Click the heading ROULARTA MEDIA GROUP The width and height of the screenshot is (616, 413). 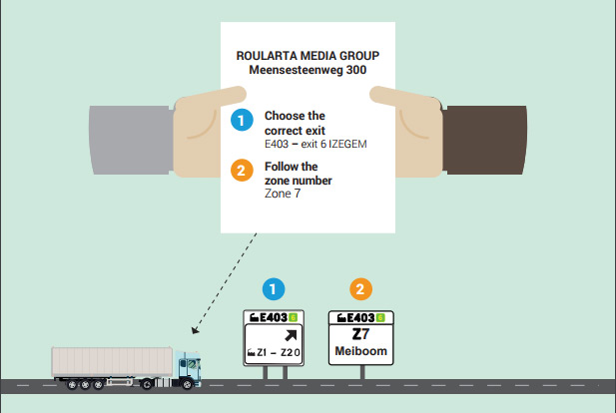pyautogui.click(x=308, y=56)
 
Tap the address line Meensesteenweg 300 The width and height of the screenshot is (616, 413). pyautogui.click(x=308, y=70)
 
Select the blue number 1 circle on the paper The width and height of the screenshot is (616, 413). pyautogui.click(x=242, y=120)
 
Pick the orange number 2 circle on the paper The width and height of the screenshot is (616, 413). pyautogui.click(x=242, y=170)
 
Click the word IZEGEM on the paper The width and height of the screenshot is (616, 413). pyautogui.click(x=347, y=144)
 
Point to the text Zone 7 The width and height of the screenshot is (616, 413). pyautogui.click(x=283, y=194)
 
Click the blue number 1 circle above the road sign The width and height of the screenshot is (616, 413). pyautogui.click(x=274, y=289)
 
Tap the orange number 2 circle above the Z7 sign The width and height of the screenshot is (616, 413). pyautogui.click(x=360, y=289)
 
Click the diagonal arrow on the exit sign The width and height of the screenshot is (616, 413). pyautogui.click(x=291, y=335)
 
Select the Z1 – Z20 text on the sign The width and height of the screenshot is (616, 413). pyautogui.click(x=279, y=352)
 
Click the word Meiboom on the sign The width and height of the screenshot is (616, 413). pyautogui.click(x=360, y=351)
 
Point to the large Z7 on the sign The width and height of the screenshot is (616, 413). pyautogui.click(x=360, y=334)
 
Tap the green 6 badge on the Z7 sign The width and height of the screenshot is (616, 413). pyautogui.click(x=380, y=317)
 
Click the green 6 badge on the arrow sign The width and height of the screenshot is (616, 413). pyautogui.click(x=293, y=317)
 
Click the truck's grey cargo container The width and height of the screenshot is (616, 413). pyautogui.click(x=112, y=362)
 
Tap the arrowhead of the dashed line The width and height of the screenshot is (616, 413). pyautogui.click(x=195, y=330)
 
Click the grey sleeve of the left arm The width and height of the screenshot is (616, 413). pyautogui.click(x=131, y=140)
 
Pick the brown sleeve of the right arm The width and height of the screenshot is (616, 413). pyautogui.click(x=484, y=140)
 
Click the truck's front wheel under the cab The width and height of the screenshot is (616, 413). pyautogui.click(x=188, y=385)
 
